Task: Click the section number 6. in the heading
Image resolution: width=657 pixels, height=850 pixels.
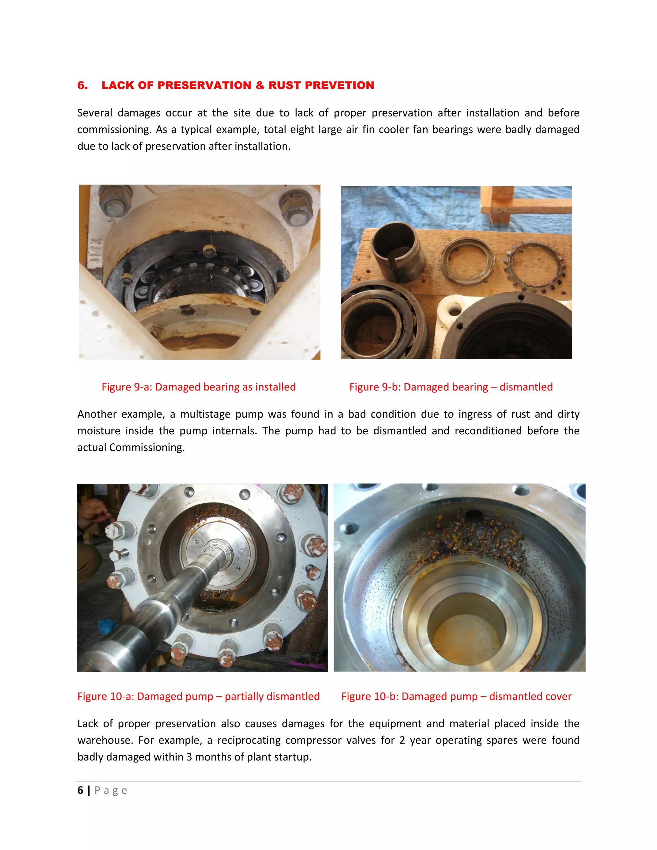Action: pos(82,85)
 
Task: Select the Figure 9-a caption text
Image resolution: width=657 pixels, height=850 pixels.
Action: pos(199,387)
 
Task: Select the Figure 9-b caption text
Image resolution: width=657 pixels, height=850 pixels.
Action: pos(451,387)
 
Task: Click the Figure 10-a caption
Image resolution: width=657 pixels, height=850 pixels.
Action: pos(199,696)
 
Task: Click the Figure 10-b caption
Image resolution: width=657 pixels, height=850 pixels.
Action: pos(456,696)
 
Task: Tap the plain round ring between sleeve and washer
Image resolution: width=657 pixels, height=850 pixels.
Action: pos(467,259)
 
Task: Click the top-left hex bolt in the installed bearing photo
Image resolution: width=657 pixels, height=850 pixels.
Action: pos(115,203)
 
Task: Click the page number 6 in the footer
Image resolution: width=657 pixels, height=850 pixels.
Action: pos(80,790)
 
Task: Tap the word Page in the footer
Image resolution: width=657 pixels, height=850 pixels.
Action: pos(111,790)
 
